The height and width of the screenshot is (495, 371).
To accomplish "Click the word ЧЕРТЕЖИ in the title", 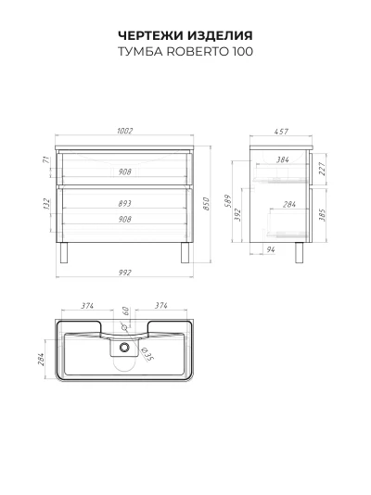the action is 150,35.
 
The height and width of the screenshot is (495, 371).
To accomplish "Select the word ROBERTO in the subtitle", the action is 198,52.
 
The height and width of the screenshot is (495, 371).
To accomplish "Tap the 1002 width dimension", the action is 124,131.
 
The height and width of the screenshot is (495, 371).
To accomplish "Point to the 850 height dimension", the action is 206,204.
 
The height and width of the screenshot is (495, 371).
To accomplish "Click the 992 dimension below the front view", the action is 124,273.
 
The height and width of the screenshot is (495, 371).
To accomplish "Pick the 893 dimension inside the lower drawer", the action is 124,204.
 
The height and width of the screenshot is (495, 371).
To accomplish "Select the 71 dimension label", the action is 46,159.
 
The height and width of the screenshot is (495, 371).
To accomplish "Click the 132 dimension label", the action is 46,204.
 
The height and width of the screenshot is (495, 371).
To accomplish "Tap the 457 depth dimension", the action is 281,131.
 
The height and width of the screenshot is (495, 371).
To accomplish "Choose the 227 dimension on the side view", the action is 322,169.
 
